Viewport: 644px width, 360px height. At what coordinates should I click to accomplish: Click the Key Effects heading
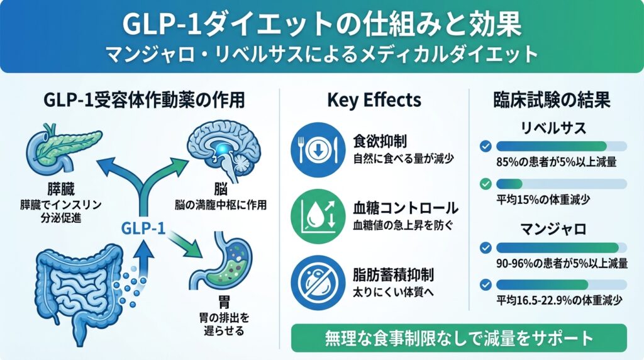pos(374,99)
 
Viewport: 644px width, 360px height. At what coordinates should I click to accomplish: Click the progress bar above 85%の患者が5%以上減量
pos(561,146)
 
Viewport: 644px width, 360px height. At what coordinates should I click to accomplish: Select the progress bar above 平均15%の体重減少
pos(561,184)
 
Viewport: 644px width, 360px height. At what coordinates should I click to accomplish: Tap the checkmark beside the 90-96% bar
pos(485,247)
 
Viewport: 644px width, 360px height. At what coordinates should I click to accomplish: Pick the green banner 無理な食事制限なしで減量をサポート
pos(459,338)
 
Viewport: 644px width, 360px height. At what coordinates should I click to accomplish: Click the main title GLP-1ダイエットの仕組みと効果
pos(321,25)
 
